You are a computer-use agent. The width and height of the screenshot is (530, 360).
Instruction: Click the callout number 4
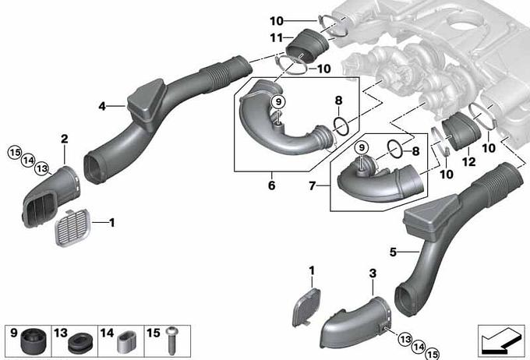[x=102, y=107]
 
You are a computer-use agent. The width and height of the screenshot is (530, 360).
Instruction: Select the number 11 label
[x=276, y=37]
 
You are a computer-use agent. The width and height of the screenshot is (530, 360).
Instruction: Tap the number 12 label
[x=468, y=162]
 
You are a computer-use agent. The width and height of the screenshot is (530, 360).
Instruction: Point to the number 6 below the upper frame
[x=272, y=185]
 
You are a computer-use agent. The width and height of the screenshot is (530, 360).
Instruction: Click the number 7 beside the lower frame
[x=313, y=185]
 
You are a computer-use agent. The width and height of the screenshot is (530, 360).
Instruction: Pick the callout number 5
[x=393, y=252]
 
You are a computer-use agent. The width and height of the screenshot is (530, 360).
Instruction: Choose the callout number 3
[x=373, y=274]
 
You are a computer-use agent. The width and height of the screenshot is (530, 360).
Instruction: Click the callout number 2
[x=64, y=139]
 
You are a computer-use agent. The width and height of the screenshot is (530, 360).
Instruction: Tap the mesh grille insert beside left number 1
[x=72, y=228]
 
